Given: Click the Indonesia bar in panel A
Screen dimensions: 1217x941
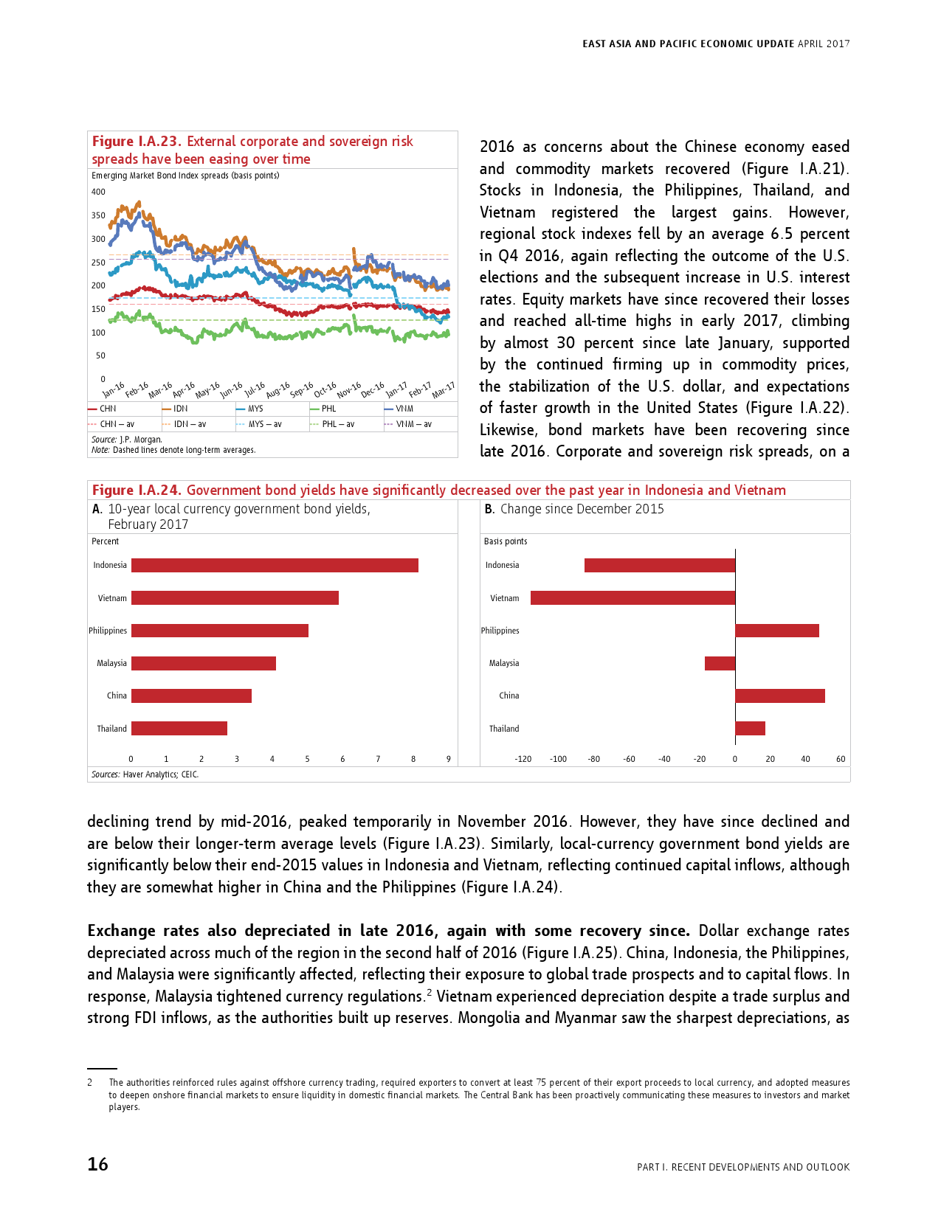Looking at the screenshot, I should [x=275, y=566].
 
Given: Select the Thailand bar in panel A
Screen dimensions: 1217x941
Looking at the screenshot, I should [x=179, y=729].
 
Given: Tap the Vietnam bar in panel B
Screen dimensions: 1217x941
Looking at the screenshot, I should [x=632, y=598].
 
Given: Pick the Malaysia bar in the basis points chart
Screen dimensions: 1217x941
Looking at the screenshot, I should [x=720, y=663].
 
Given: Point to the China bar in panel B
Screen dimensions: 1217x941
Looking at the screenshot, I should [x=779, y=696].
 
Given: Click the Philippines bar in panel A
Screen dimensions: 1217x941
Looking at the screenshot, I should [x=220, y=631].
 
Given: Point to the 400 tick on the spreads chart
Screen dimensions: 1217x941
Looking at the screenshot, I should [x=98, y=192].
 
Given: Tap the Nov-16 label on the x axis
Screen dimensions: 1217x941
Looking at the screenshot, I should [x=348, y=389].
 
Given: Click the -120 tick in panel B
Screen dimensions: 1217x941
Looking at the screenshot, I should [x=523, y=759].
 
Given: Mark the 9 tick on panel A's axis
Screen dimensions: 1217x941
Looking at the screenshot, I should [x=449, y=759].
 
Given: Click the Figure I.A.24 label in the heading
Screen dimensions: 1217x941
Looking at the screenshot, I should [x=136, y=490].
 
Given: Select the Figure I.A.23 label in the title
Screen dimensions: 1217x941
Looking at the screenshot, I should [x=137, y=142].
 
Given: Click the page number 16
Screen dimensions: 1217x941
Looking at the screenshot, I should [x=97, y=1164].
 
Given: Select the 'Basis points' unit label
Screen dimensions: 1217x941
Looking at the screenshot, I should [x=506, y=541].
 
